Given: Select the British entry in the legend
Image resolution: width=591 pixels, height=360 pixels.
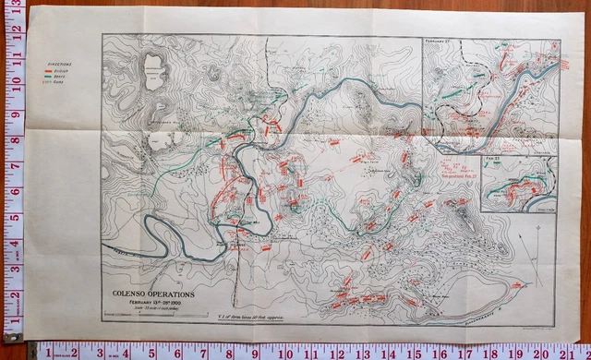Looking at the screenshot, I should tap(62, 69).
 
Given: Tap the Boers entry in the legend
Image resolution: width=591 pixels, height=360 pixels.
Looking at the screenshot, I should tap(62, 75).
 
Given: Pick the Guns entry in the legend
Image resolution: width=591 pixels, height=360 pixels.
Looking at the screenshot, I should tap(62, 81).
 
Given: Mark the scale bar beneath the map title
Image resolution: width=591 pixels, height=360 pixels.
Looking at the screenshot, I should tap(148, 314).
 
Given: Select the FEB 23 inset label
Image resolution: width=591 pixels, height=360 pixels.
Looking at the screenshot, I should tap(491, 160).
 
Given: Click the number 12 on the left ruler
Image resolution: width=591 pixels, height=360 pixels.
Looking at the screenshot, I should tap(13, 28).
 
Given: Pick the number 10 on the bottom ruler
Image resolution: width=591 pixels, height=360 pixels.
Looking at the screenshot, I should tap(289, 352).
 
